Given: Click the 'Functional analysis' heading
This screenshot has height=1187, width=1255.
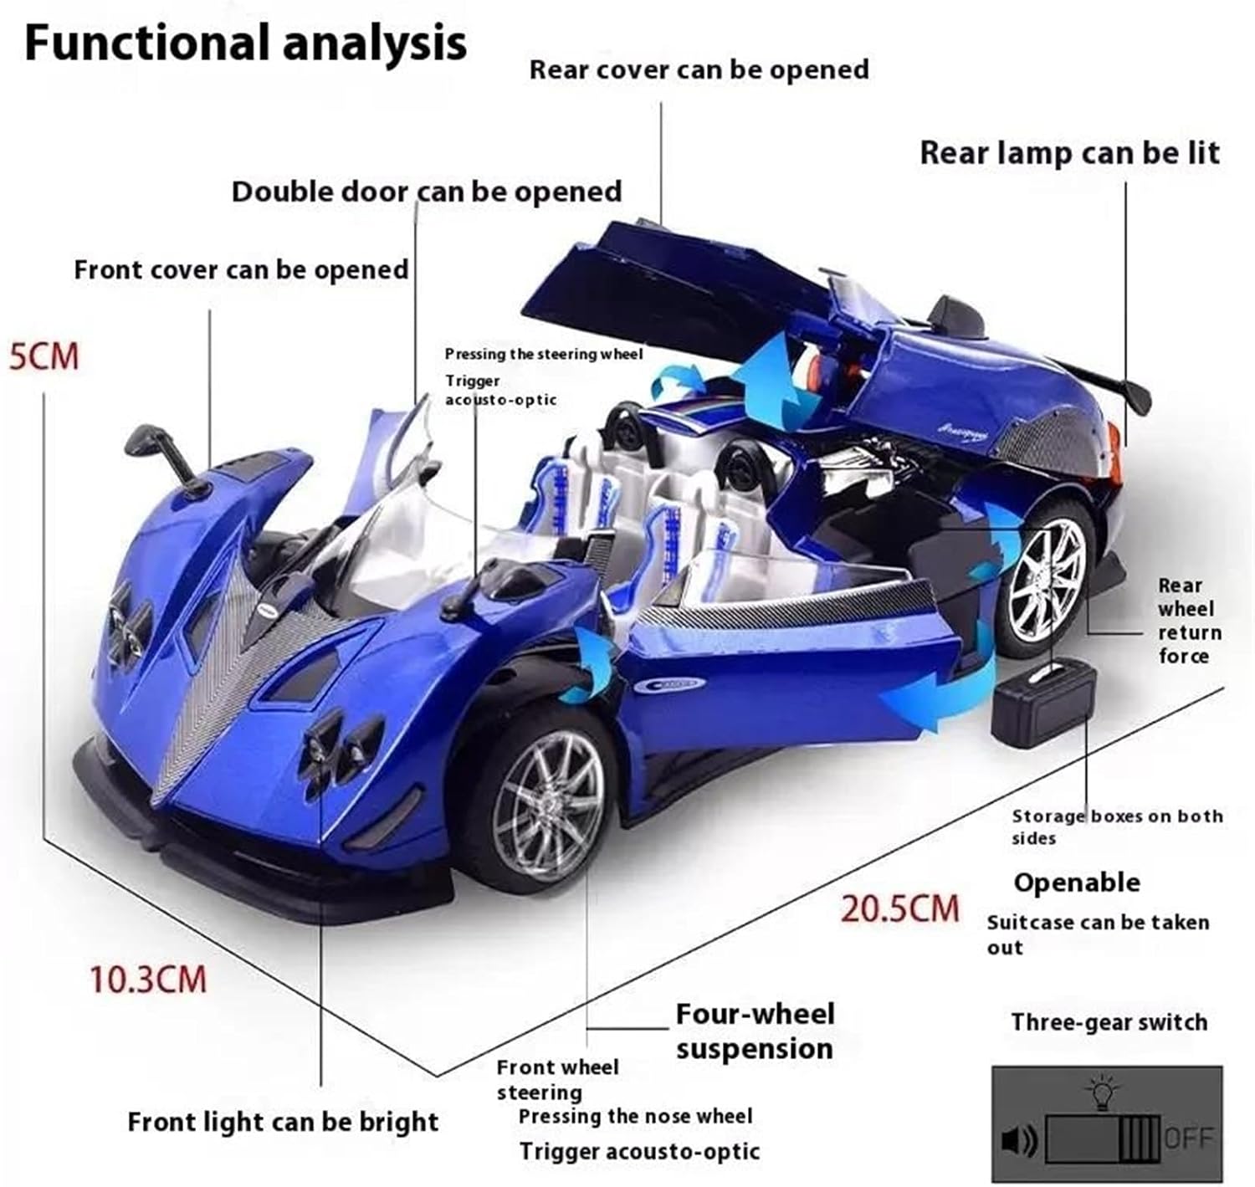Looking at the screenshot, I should pyautogui.click(x=245, y=43).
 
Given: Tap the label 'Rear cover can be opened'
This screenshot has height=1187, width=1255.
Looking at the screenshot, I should pyautogui.click(x=699, y=69).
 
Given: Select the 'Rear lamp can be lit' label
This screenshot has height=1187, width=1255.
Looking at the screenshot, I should pyautogui.click(x=1069, y=153).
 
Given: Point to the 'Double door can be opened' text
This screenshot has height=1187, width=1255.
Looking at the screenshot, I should pyautogui.click(x=427, y=192).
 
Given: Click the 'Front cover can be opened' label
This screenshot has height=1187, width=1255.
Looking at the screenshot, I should pyautogui.click(x=241, y=270).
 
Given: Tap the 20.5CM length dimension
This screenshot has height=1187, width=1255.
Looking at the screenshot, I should pyautogui.click(x=899, y=908).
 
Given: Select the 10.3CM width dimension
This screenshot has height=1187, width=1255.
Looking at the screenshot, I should pyautogui.click(x=148, y=979).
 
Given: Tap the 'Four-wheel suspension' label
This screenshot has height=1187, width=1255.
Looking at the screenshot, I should pyautogui.click(x=755, y=1031).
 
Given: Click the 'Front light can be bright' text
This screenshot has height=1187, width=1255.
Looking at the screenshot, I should pyautogui.click(x=283, y=1122).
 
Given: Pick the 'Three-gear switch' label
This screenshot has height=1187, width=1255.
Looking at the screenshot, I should pyautogui.click(x=1109, y=1022).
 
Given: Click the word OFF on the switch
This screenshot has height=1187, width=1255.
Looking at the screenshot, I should pyautogui.click(x=1188, y=1138).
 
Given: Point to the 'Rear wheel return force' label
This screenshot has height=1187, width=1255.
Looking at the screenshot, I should pyautogui.click(x=1189, y=621).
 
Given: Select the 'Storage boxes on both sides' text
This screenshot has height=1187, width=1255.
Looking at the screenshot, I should pyautogui.click(x=1116, y=826).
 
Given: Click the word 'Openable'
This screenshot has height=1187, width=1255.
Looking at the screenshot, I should pyautogui.click(x=1077, y=883).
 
